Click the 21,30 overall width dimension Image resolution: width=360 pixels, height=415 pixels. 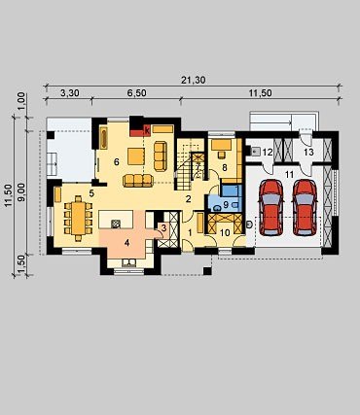click(x=194, y=80)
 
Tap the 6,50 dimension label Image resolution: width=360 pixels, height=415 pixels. click(x=136, y=93)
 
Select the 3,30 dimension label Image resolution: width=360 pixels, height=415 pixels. click(x=70, y=93)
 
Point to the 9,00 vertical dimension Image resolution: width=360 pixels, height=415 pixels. click(x=21, y=192)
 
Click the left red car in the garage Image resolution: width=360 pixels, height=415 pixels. click(x=271, y=207)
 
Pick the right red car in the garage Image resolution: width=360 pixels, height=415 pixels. click(x=305, y=207)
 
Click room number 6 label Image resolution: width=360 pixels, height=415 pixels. click(x=117, y=162)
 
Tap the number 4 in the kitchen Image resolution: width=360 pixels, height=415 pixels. click(x=126, y=242)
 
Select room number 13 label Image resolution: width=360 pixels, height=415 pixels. click(x=309, y=152)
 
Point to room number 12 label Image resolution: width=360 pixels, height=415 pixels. click(x=268, y=152)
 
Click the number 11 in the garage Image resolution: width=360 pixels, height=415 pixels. click(x=289, y=175)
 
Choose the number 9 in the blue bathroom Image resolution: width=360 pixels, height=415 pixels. click(x=226, y=204)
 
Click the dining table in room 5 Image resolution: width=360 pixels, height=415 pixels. click(x=78, y=215)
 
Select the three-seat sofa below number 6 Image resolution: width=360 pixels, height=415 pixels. click(x=138, y=181)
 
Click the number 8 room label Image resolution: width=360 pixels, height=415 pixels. click(x=225, y=167)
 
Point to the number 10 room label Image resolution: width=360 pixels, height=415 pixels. click(x=225, y=232)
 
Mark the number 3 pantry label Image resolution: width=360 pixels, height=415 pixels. click(x=163, y=228)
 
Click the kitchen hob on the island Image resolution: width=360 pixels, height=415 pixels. click(x=116, y=224)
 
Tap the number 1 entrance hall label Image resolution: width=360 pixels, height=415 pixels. click(x=191, y=232)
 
